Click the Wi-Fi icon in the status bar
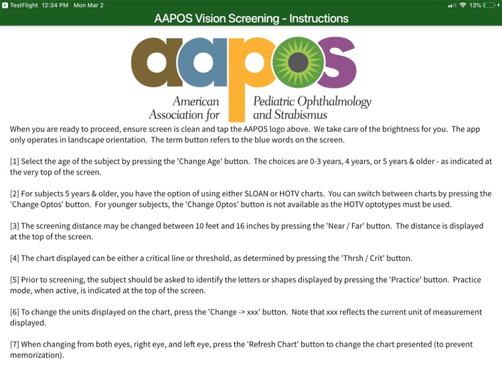[463, 5]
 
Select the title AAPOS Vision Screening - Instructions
[251, 18]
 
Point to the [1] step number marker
[14, 162]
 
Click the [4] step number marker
[14, 258]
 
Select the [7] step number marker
[14, 345]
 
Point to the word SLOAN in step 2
[275, 194]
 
